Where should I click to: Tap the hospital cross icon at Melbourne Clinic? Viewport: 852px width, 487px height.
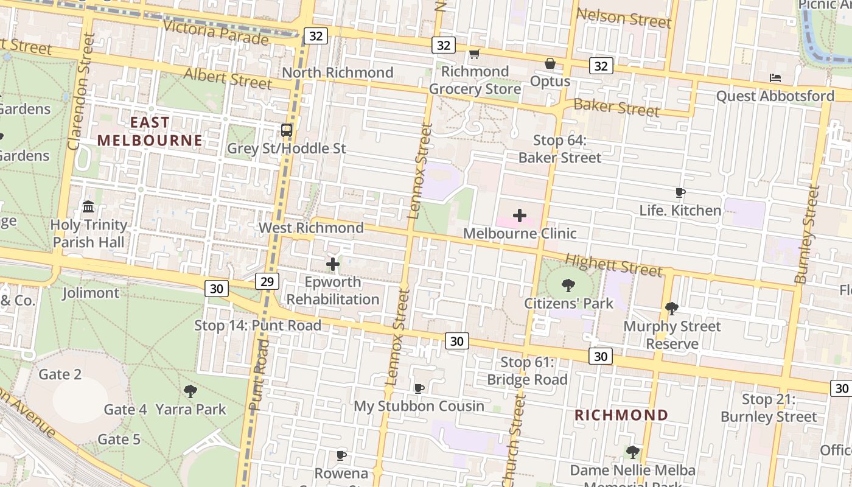click(x=520, y=215)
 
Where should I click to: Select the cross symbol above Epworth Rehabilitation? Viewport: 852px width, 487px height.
click(x=333, y=264)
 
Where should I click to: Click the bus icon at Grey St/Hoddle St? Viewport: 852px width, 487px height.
click(x=287, y=130)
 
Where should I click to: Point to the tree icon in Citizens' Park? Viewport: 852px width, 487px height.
click(x=568, y=286)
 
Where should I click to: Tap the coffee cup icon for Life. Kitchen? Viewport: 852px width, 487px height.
click(x=680, y=193)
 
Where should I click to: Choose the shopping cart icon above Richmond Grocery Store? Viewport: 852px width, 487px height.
click(x=475, y=54)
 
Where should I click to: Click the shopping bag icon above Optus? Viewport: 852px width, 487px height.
click(x=550, y=63)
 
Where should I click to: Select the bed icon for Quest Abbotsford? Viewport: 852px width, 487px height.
click(x=775, y=78)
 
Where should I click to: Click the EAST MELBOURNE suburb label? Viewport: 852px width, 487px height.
click(x=150, y=131)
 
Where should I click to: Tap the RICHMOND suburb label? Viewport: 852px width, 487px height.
click(x=621, y=415)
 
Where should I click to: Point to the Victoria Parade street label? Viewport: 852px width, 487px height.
click(x=215, y=32)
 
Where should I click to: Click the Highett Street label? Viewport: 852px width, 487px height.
click(x=613, y=265)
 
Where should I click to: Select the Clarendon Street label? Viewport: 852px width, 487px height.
click(x=82, y=91)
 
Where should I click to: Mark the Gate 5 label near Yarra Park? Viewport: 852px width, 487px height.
click(x=119, y=439)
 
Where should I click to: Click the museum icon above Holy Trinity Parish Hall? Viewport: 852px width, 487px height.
click(x=89, y=207)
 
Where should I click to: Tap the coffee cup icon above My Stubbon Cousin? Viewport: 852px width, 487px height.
click(x=419, y=388)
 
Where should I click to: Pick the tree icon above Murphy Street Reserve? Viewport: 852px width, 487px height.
click(x=672, y=309)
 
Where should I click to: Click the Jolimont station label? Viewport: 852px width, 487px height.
click(x=91, y=293)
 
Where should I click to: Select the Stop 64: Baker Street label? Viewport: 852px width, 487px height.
click(x=559, y=149)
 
